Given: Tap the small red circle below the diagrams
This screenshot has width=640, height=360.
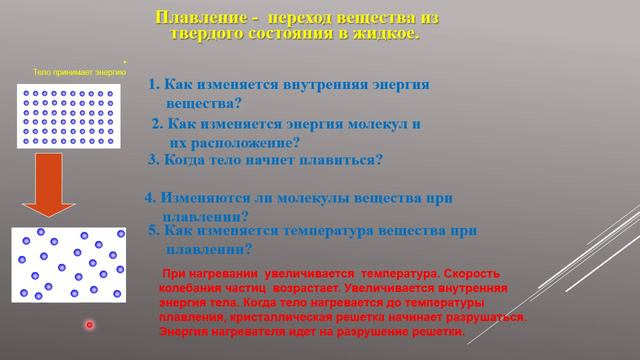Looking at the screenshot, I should click(89, 325).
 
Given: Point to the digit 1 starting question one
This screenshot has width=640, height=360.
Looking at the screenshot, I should click(153, 86).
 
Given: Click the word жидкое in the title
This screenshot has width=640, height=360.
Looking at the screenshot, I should click(380, 34).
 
